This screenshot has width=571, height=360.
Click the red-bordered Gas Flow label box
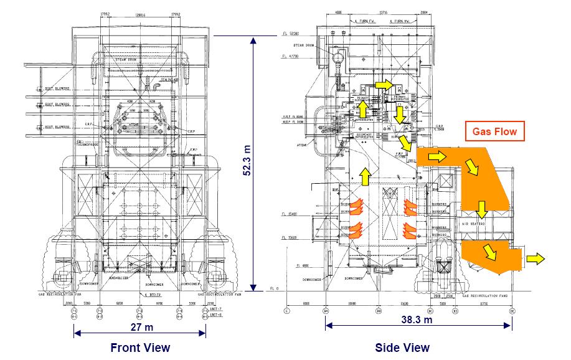coord(494,132)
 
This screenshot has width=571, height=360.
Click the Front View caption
coord(140,347)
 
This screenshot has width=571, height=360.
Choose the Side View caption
coord(402,347)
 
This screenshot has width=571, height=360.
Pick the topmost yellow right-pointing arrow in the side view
coord(384,84)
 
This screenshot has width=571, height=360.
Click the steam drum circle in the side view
coord(339,58)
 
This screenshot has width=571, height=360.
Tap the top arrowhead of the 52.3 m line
coord(253,41)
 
